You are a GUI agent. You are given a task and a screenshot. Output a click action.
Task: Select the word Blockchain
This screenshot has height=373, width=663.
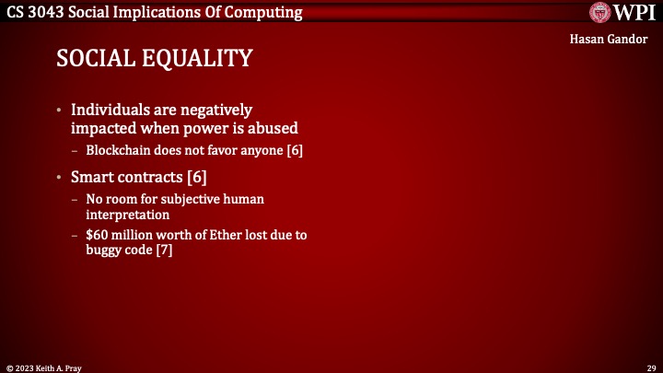coord(119,150)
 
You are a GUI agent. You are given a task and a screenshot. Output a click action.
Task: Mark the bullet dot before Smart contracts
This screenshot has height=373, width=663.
coord(61,176)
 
